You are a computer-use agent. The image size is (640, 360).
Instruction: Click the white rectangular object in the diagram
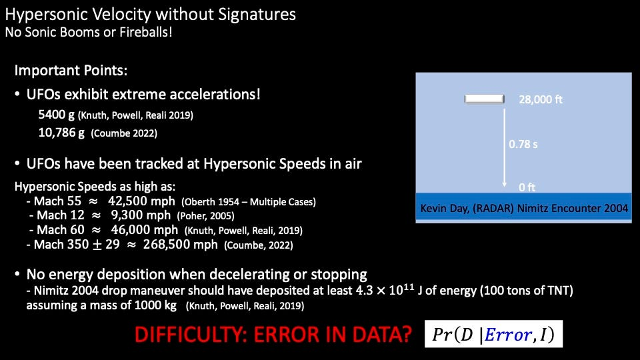pyautogui.click(x=484, y=99)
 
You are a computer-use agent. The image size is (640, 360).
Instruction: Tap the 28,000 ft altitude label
pyautogui.click(x=541, y=99)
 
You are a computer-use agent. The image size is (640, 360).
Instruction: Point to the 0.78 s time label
pyautogui.click(x=523, y=144)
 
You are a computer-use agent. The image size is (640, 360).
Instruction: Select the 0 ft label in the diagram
pyautogui.click(x=527, y=187)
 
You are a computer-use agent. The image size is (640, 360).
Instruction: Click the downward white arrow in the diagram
pyautogui.click(x=505, y=147)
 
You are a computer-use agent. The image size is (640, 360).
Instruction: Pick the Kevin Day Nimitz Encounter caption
pyautogui.click(x=524, y=208)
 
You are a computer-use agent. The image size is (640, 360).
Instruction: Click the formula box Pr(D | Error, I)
pyautogui.click(x=493, y=334)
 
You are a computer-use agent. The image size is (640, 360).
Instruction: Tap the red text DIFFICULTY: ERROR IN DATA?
pyautogui.click(x=273, y=334)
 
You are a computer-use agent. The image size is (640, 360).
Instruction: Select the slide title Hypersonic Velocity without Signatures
pyautogui.click(x=150, y=14)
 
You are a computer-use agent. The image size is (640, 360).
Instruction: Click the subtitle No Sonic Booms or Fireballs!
pyautogui.click(x=89, y=32)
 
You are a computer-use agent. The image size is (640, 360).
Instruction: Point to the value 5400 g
pyautogui.click(x=56, y=114)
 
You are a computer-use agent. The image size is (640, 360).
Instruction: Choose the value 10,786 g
pyautogui.click(x=61, y=132)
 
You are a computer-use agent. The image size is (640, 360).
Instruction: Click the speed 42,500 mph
pyautogui.click(x=141, y=201)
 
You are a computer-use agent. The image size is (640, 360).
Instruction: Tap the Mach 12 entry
pyautogui.click(x=61, y=215)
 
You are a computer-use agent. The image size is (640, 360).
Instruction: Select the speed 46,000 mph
pyautogui.click(x=145, y=230)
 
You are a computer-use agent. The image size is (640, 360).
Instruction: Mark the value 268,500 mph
pyautogui.click(x=181, y=245)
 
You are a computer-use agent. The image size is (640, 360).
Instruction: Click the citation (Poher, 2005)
pyautogui.click(x=206, y=216)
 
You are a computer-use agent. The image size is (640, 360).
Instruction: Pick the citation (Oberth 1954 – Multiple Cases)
pyautogui.click(x=249, y=201)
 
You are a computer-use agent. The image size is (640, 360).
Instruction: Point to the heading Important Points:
pyautogui.click(x=71, y=70)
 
